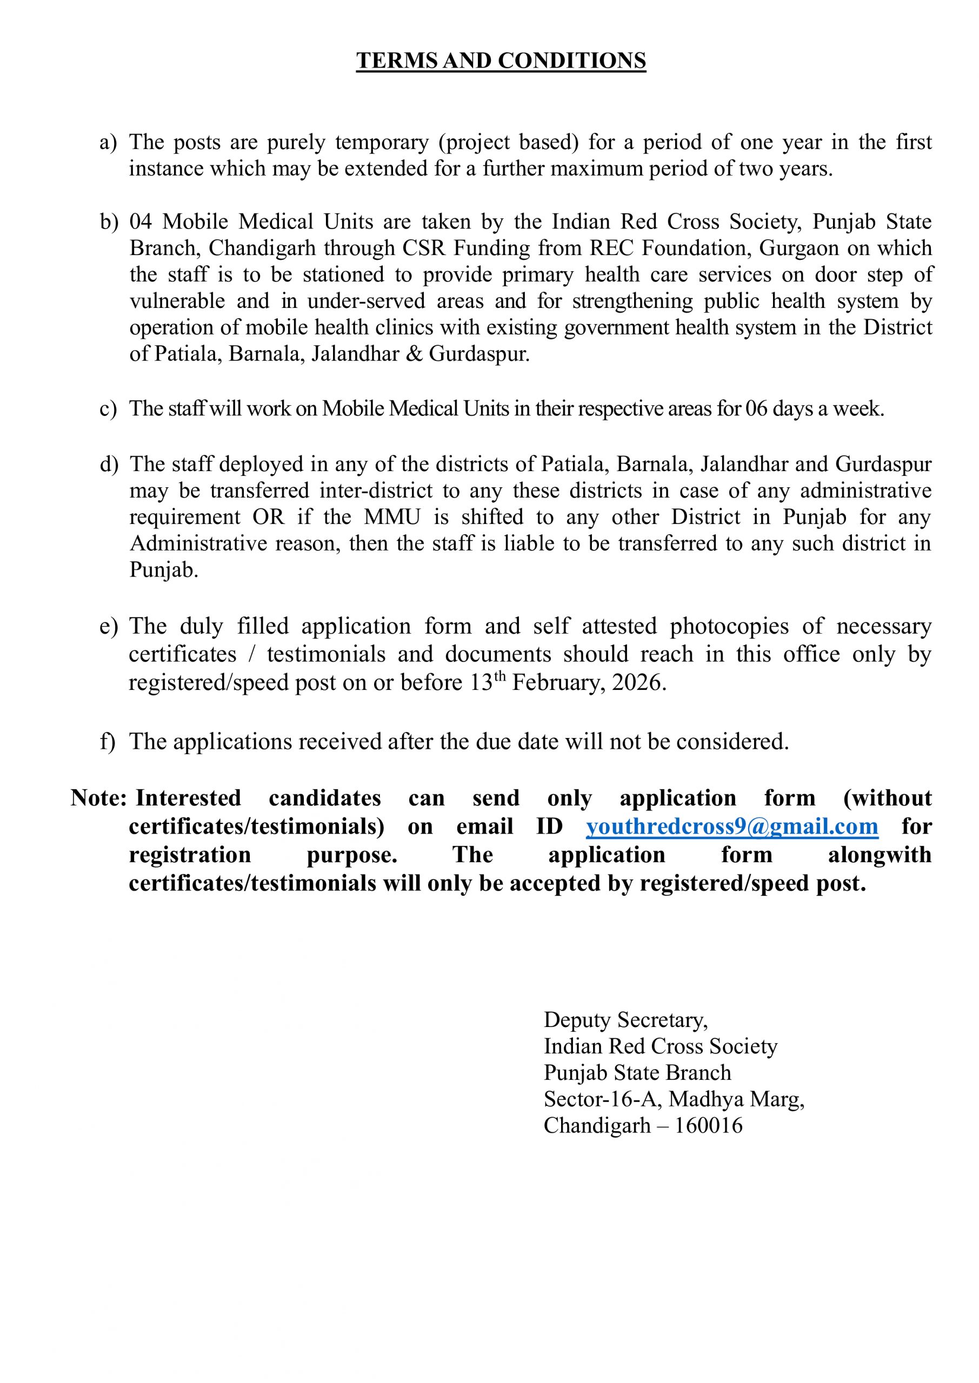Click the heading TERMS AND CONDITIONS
[x=501, y=61]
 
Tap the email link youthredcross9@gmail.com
[x=732, y=827]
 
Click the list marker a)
[x=108, y=143]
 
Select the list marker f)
[x=107, y=742]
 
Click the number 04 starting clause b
[x=141, y=221]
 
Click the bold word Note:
[x=98, y=798]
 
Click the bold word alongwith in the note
[x=880, y=855]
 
